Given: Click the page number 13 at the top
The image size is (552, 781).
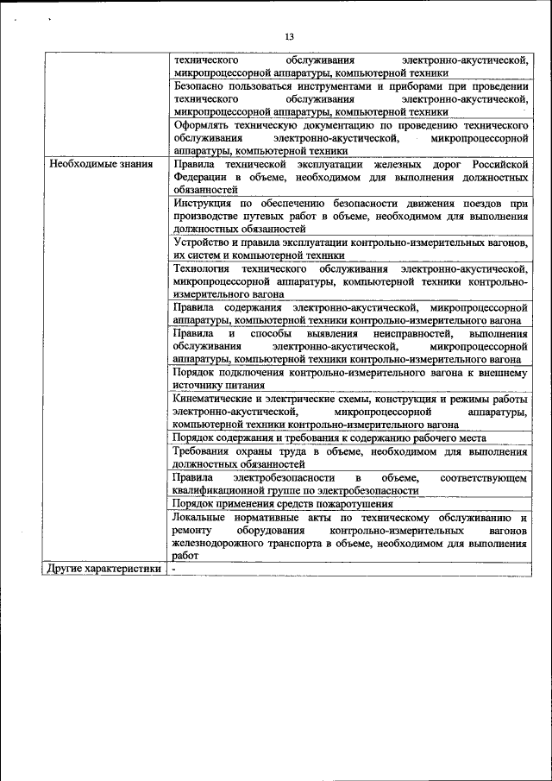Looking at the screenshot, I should coord(289,36).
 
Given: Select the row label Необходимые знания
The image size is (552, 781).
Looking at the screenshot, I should coord(101,163).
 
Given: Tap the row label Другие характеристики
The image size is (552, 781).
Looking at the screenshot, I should coord(105,569).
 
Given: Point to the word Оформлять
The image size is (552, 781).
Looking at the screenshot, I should coord(203,125).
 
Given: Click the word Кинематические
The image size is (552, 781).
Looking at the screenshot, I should coord(214,400).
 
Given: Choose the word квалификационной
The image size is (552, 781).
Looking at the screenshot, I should coord(220,489).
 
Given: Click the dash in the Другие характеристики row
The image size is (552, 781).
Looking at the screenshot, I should coord(173,570).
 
